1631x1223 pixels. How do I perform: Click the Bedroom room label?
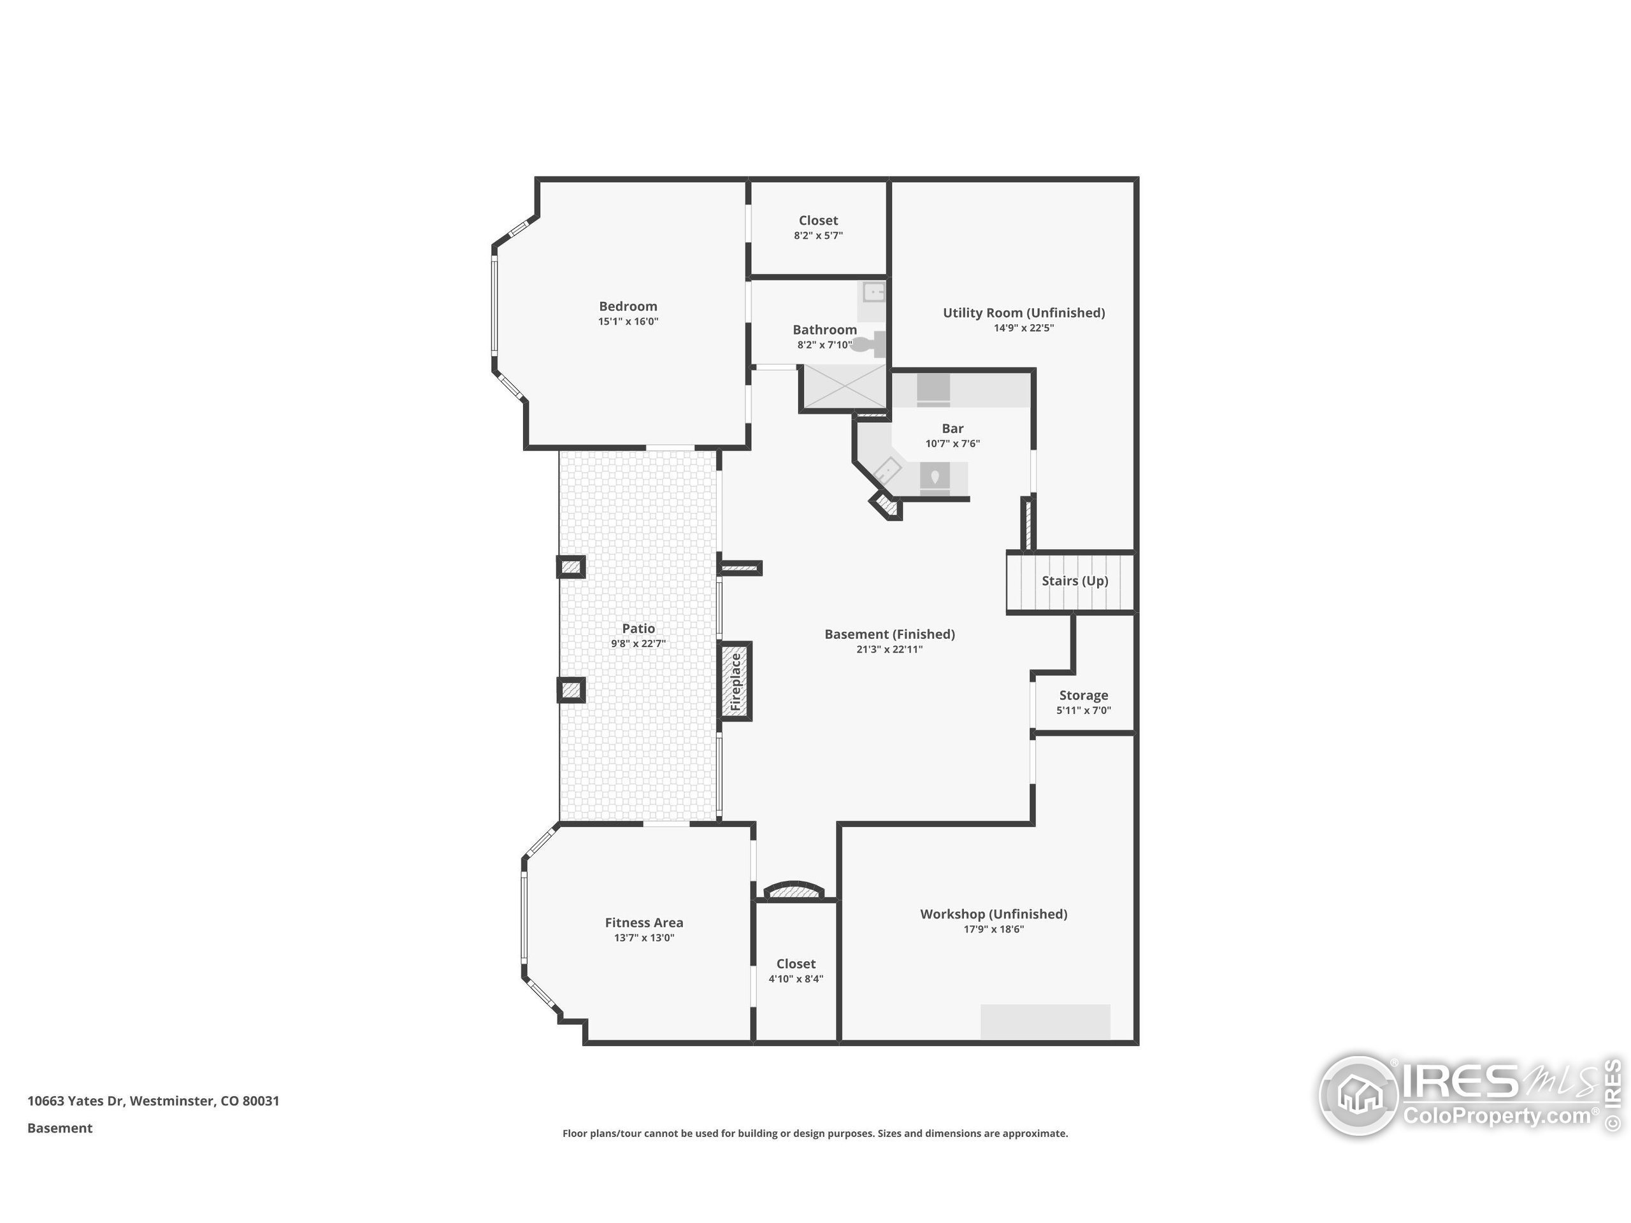click(628, 306)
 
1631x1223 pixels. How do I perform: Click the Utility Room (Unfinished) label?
click(1023, 313)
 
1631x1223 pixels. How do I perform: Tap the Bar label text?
click(952, 428)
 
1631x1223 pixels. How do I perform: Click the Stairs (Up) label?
click(1074, 581)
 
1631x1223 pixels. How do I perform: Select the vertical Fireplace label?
click(735, 682)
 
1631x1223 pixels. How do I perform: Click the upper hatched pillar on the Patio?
click(571, 567)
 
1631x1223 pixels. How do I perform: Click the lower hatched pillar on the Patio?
click(571, 690)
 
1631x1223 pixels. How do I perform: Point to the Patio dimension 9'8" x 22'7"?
click(638, 643)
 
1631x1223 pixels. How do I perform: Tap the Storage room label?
click(1083, 695)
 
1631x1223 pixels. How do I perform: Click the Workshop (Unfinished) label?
click(993, 914)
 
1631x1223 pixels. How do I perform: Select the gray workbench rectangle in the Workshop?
click(1045, 1022)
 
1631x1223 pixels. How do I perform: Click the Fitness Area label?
click(643, 922)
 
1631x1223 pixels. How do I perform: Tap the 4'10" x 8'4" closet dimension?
click(796, 979)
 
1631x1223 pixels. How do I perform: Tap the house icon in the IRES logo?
click(1359, 1096)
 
